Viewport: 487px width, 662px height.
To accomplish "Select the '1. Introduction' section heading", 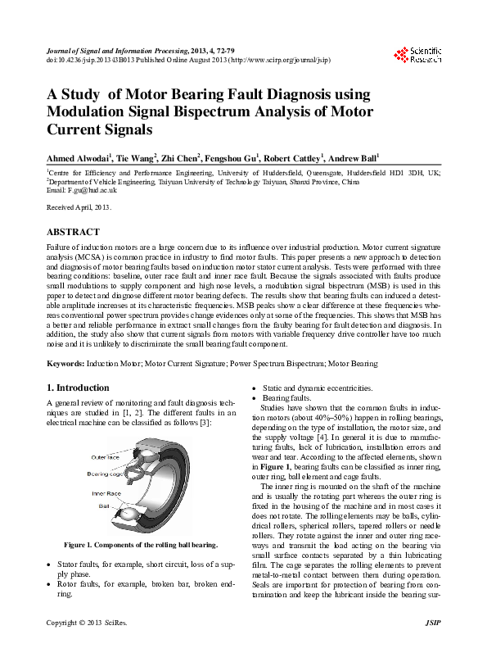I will click(x=78, y=388).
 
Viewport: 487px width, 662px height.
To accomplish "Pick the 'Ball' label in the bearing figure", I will click(x=105, y=506).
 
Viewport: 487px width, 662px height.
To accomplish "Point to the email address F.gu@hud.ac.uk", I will click(x=79, y=189).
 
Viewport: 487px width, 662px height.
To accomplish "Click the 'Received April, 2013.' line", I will click(x=79, y=208).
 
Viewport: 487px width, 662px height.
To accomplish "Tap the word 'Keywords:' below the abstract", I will click(x=66, y=361).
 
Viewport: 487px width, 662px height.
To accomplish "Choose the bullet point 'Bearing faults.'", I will click(x=286, y=397).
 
